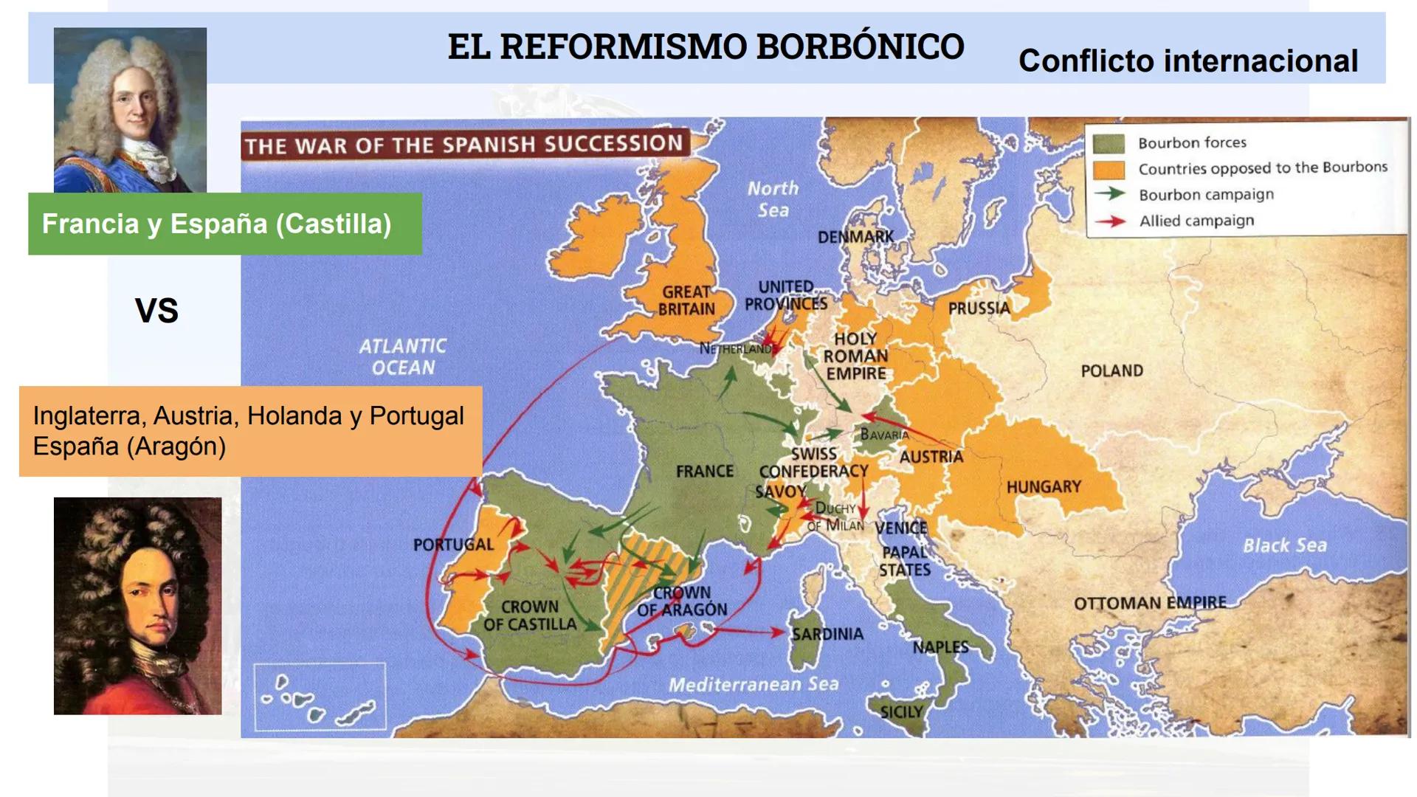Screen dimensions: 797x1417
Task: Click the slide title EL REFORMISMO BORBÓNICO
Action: tap(706, 46)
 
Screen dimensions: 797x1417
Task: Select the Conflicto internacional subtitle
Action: tap(1187, 61)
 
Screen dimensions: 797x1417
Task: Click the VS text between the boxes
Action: tap(156, 311)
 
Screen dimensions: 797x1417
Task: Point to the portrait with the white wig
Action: tap(130, 110)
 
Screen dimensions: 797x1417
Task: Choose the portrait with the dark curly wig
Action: tap(137, 606)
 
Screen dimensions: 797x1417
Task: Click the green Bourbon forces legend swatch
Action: tap(1109, 143)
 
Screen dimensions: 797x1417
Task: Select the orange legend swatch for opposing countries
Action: tap(1109, 170)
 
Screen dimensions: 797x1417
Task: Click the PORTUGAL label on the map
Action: tap(453, 545)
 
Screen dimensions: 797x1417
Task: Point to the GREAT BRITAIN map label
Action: tap(686, 300)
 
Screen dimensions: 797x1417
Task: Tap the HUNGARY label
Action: tap(1044, 487)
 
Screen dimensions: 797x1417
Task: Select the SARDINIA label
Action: tap(827, 634)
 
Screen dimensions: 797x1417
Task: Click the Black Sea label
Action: tap(1284, 545)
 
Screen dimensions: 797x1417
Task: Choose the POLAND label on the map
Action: tap(1111, 370)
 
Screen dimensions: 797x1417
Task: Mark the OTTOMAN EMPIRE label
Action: tap(1150, 603)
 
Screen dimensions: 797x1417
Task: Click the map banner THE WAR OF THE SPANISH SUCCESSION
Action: tap(464, 145)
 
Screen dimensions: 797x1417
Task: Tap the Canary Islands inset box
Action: tap(319, 696)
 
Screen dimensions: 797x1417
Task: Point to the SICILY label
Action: tap(901, 712)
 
